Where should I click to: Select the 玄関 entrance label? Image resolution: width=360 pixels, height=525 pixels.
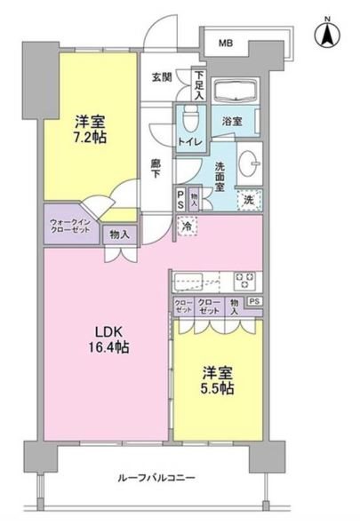(x=162, y=78)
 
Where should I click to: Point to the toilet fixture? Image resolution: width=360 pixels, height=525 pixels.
(x=190, y=117)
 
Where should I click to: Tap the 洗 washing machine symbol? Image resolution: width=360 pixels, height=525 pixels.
(x=250, y=200)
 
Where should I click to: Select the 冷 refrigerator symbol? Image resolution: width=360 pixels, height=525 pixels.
(x=188, y=227)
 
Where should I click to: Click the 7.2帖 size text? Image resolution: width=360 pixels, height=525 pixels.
(x=89, y=139)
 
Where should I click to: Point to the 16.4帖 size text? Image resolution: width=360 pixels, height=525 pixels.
(x=109, y=349)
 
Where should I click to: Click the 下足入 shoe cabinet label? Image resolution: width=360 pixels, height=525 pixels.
(x=200, y=85)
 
